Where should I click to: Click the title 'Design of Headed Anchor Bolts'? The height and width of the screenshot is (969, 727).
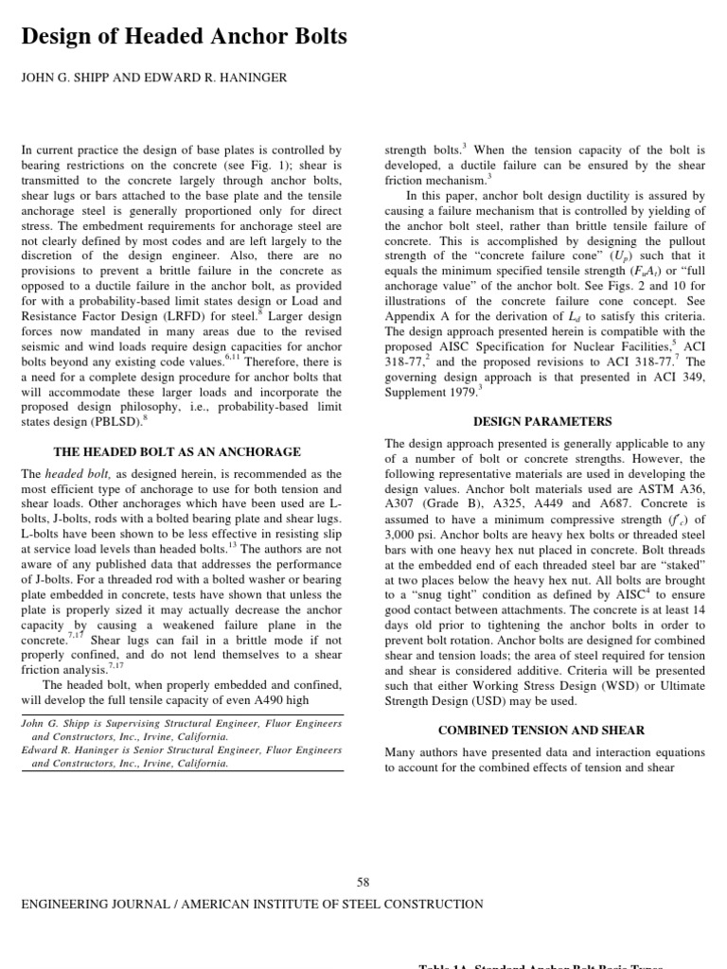tap(184, 37)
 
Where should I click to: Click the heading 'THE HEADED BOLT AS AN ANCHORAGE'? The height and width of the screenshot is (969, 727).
tap(177, 452)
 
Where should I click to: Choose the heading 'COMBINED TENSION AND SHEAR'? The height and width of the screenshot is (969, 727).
tap(541, 731)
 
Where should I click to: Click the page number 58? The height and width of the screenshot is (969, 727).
tap(363, 882)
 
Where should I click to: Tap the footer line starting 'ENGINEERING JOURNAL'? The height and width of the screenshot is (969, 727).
tap(252, 905)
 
